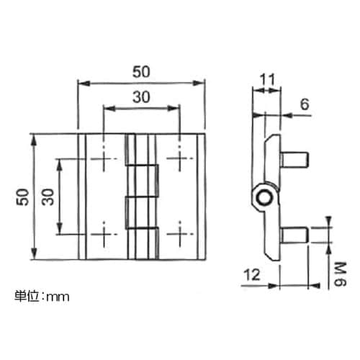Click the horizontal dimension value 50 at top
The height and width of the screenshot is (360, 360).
140,72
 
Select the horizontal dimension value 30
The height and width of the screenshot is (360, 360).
140,96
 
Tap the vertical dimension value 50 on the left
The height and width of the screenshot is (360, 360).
22,197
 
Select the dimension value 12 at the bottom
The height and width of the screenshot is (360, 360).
251,274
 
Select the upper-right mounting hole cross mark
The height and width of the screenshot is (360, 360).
177,158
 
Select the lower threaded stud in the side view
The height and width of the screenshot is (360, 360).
295,234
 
